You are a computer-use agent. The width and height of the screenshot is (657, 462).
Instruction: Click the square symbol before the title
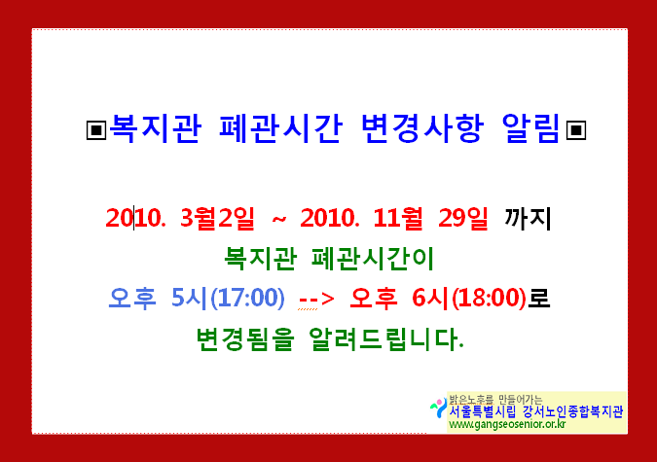(96, 129)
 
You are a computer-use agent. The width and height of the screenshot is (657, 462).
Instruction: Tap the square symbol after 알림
(575, 129)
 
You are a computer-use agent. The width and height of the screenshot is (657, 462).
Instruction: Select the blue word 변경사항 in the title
(422, 128)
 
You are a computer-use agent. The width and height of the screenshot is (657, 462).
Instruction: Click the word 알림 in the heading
(530, 128)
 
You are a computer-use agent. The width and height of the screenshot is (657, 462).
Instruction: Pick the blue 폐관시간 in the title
(281, 128)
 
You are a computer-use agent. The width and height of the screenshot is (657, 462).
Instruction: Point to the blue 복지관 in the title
(155, 128)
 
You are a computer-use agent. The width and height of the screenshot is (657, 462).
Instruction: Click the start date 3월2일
(217, 218)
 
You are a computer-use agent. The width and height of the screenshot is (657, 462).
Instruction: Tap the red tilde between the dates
(279, 219)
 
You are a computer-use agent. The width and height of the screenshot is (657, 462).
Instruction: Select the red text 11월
(398, 218)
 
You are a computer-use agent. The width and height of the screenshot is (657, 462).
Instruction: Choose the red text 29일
(463, 218)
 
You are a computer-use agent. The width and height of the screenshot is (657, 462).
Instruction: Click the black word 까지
(528, 218)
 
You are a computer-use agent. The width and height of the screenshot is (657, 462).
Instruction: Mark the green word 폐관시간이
(373, 258)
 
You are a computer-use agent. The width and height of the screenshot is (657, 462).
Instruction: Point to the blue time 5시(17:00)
(228, 298)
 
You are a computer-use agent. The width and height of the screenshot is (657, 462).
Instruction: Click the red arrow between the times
(316, 299)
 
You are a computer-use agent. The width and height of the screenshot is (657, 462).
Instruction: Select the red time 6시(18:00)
(469, 298)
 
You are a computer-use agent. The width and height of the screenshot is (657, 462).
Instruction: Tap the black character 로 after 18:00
(538, 298)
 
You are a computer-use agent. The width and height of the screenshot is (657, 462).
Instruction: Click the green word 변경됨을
(245, 338)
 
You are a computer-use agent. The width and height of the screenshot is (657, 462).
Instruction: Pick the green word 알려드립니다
(385, 338)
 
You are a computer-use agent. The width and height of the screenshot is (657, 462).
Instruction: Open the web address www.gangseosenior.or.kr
(507, 424)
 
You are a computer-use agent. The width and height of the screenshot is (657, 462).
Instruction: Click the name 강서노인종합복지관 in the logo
(572, 411)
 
